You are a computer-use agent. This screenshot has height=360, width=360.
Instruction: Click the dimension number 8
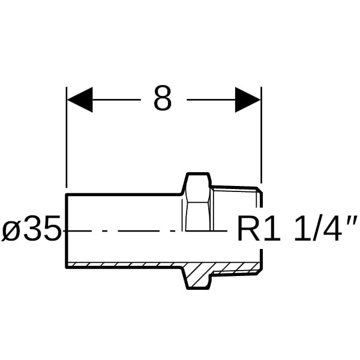[163, 98]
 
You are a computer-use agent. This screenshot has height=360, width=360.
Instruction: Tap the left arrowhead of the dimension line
[80, 100]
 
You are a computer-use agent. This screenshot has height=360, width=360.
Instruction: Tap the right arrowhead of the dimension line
[248, 100]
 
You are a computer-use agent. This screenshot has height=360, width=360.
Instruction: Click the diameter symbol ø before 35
[12, 229]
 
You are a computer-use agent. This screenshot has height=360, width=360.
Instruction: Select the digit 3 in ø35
[34, 228]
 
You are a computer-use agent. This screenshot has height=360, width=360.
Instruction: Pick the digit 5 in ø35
[53, 228]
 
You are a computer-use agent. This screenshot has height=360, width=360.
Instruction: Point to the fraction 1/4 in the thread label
[317, 228]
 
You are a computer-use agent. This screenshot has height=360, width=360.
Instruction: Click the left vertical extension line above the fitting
[67, 137]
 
